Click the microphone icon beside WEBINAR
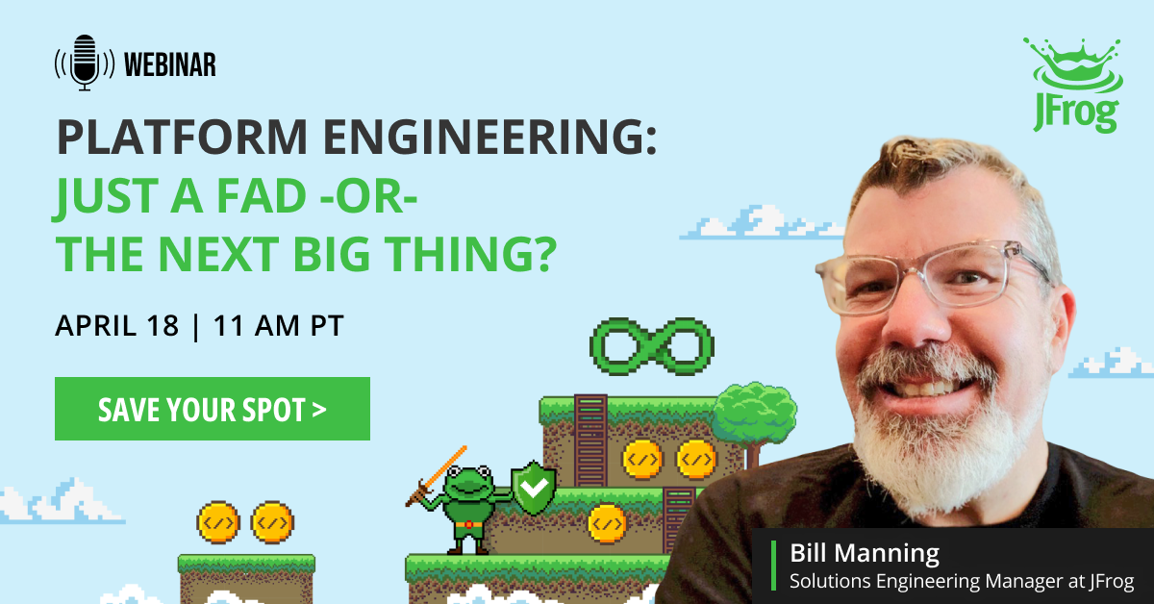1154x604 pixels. (85, 63)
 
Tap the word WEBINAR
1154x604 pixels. (170, 64)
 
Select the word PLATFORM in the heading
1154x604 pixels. (183, 137)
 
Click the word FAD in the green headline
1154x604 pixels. (262, 196)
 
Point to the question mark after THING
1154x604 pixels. (543, 254)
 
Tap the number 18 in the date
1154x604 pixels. (163, 326)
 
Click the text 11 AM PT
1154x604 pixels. (278, 326)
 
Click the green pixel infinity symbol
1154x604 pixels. (652, 346)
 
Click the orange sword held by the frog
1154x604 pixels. (436, 476)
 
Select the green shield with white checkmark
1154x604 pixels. (534, 488)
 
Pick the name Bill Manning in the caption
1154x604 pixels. (865, 553)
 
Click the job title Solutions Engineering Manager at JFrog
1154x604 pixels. (962, 581)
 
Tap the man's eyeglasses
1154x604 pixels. (933, 277)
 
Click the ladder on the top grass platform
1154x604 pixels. (590, 440)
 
